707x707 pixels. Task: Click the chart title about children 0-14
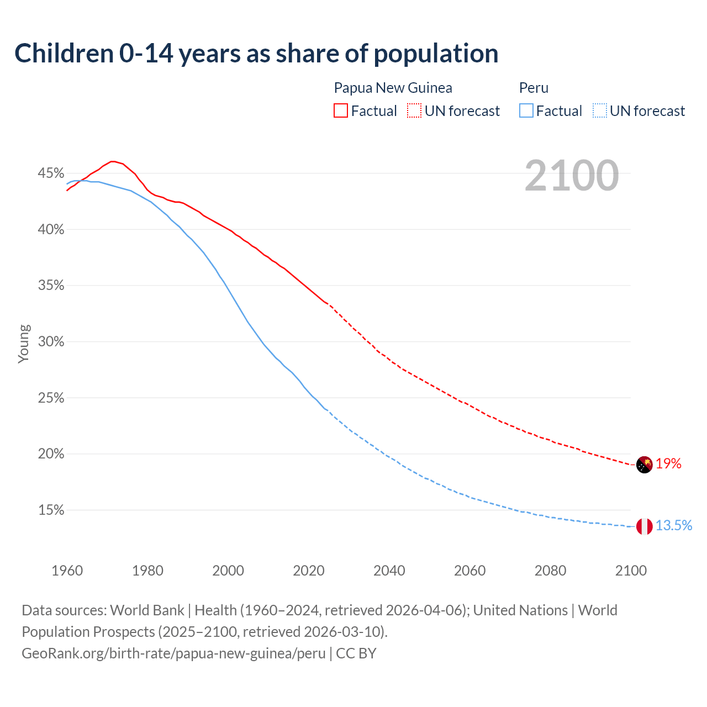click(x=256, y=54)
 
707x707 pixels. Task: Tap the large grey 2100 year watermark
click(x=572, y=176)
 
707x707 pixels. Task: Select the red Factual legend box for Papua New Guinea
click(x=341, y=111)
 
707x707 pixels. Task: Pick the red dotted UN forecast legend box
click(x=414, y=111)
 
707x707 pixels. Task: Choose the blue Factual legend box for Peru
click(x=526, y=111)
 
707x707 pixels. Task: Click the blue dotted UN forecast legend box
click(x=600, y=111)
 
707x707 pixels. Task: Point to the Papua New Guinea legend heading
click(x=393, y=88)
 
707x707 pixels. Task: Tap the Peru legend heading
click(x=534, y=88)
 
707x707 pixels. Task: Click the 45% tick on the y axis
click(x=51, y=173)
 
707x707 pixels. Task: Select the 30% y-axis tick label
click(x=51, y=342)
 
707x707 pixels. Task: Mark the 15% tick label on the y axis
click(x=51, y=510)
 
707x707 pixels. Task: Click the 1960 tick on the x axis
click(x=67, y=571)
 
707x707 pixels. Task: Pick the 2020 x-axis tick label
click(x=309, y=571)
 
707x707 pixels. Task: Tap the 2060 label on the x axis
click(x=469, y=571)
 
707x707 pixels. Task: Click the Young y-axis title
click(x=24, y=344)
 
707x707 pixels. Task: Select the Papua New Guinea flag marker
click(x=645, y=465)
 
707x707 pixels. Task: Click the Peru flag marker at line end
click(x=645, y=526)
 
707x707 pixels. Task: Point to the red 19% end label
click(x=668, y=464)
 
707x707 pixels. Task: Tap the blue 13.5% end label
click(x=674, y=526)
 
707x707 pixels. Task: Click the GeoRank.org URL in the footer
click(x=173, y=653)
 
